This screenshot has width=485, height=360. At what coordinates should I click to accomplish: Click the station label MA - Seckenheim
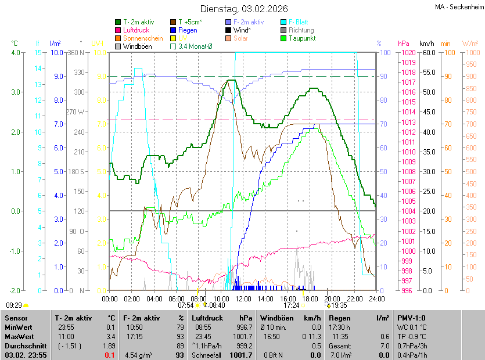coord(458,7)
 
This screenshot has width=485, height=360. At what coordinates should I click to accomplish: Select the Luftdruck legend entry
coord(136,30)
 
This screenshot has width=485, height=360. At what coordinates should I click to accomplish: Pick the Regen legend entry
coord(188,30)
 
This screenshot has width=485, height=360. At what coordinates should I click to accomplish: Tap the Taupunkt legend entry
coord(302,38)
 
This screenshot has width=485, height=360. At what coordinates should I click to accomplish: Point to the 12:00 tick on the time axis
coord(243,299)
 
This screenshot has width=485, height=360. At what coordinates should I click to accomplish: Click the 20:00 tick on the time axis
coord(332,299)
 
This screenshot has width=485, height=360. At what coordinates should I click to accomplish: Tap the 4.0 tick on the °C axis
coord(15,53)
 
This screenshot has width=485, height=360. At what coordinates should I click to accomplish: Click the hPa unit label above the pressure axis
coord(403,44)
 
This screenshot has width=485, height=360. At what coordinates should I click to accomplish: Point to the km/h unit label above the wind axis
coord(427,44)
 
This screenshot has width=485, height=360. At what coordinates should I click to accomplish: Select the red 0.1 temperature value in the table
coord(110,355)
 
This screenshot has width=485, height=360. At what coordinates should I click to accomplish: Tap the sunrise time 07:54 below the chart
coord(185,305)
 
